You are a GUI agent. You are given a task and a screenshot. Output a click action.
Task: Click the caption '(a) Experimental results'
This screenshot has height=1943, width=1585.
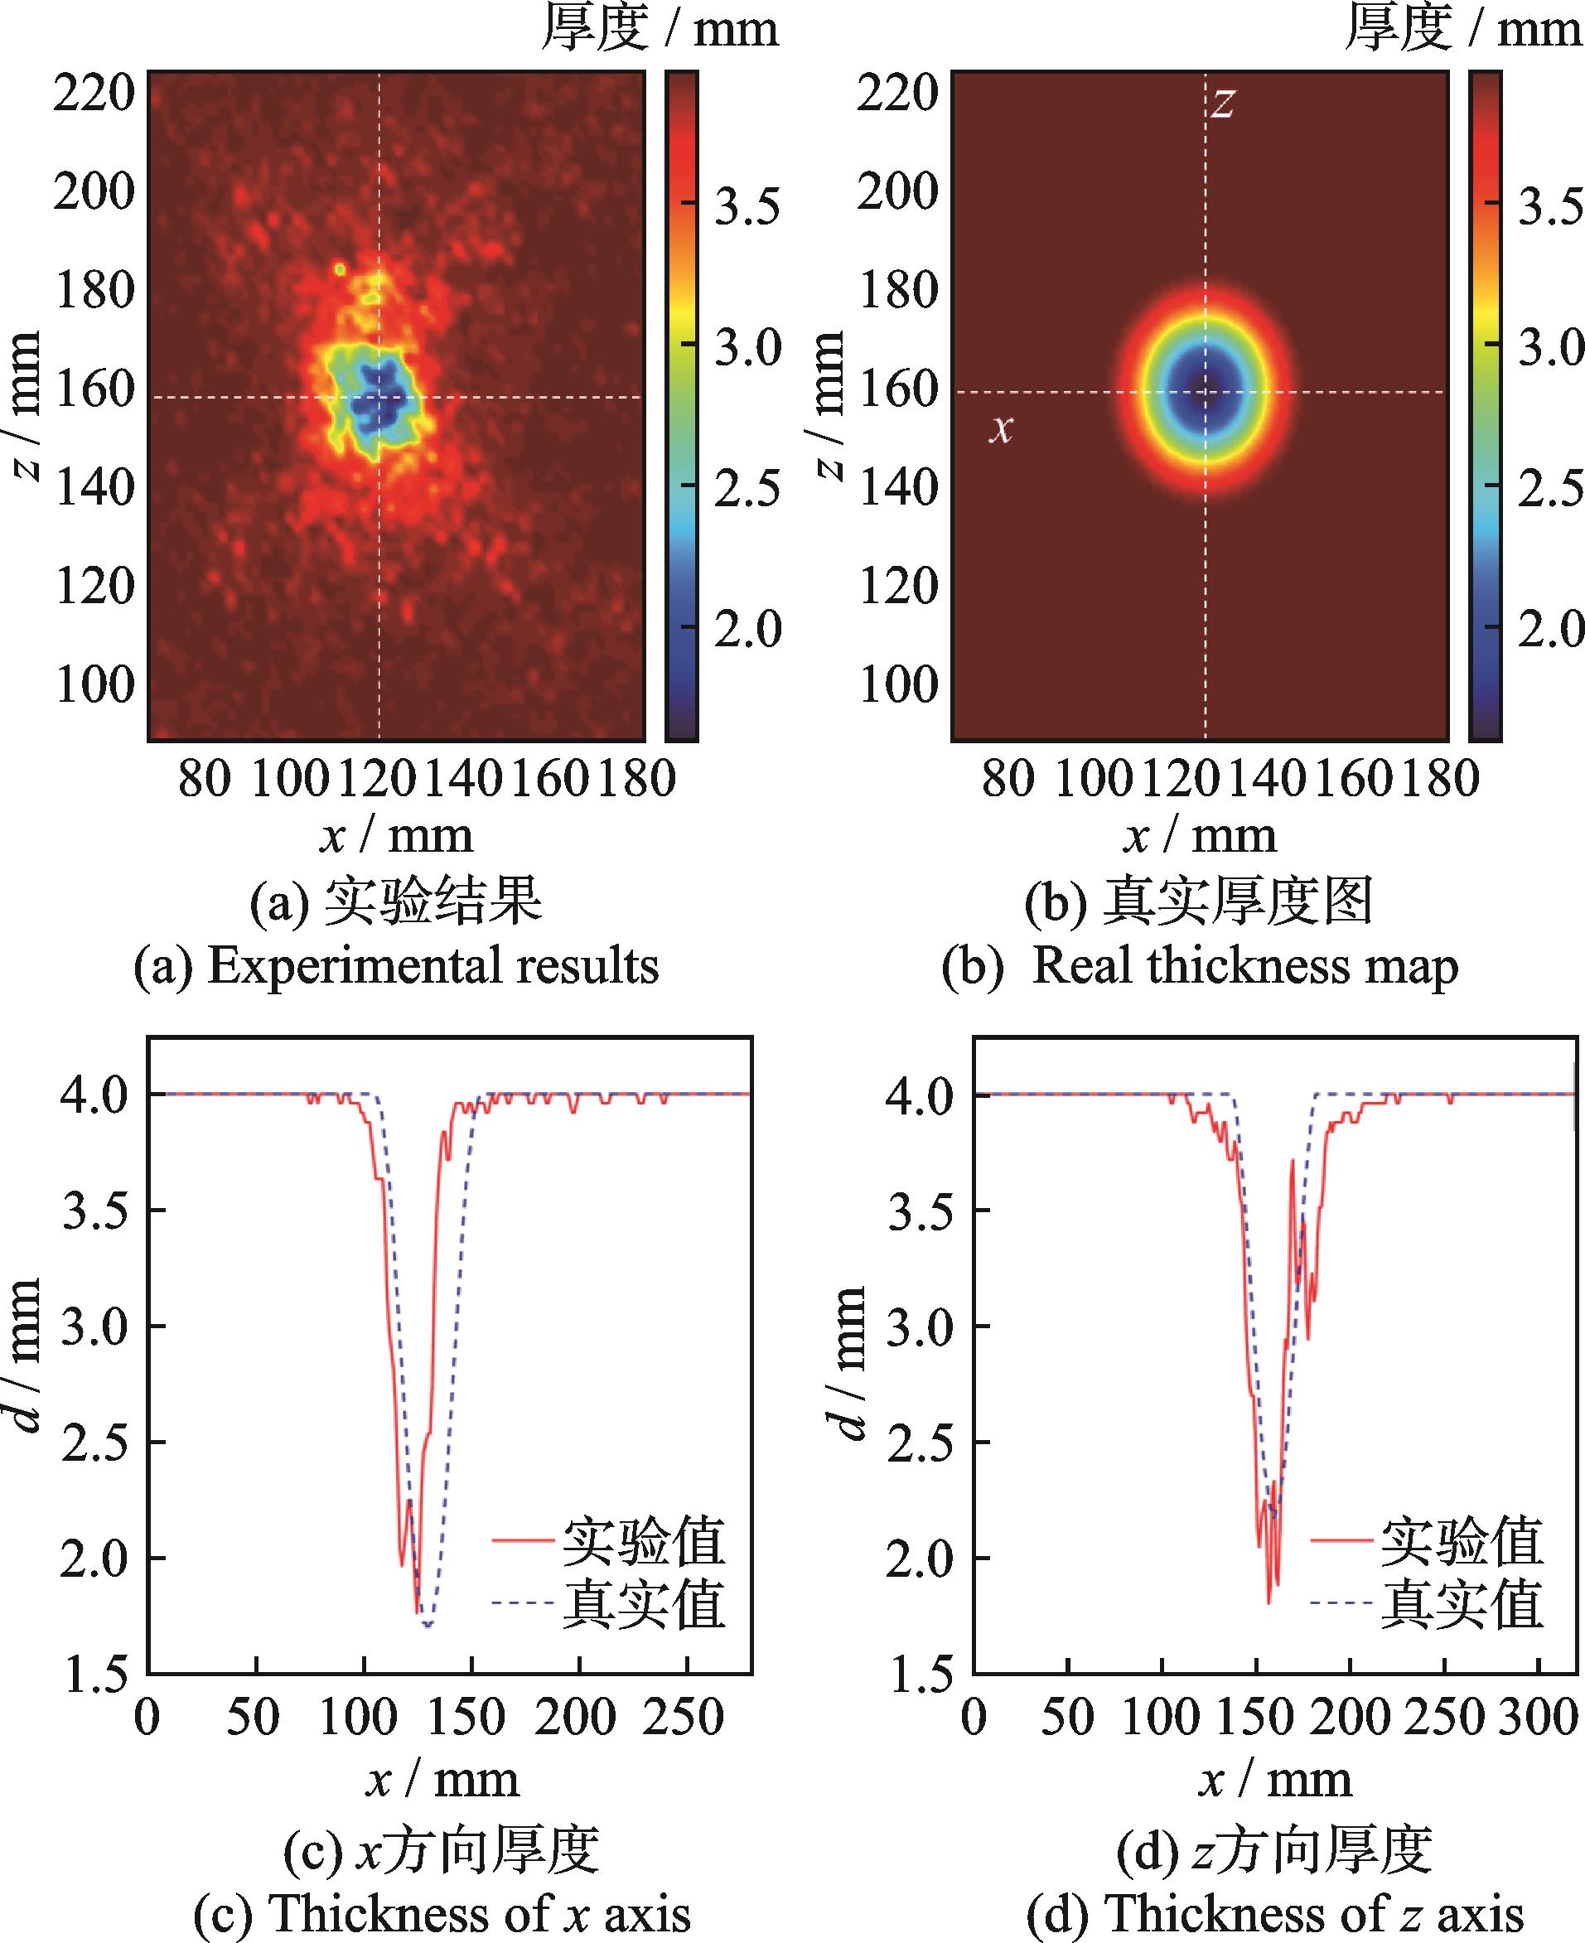pyautogui.click(x=396, y=966)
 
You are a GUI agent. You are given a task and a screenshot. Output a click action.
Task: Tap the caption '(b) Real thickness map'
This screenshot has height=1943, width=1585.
pyautogui.click(x=1200, y=966)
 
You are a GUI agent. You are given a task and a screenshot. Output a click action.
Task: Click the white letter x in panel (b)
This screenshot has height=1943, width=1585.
pyautogui.click(x=1002, y=428)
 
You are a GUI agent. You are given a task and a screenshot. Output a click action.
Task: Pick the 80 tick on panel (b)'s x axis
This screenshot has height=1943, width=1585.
pyautogui.click(x=1008, y=779)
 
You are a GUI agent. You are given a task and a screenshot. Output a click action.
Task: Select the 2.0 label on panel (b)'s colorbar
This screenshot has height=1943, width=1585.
pyautogui.click(x=1549, y=629)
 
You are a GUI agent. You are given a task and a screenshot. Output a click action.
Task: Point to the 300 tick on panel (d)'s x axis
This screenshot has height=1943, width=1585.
pyautogui.click(x=1538, y=1718)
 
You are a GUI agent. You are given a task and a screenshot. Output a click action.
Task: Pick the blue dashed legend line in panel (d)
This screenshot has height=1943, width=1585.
pyautogui.click(x=1341, y=1602)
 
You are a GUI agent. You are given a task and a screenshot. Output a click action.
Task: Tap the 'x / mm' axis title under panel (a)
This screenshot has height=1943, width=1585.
pyautogui.click(x=396, y=835)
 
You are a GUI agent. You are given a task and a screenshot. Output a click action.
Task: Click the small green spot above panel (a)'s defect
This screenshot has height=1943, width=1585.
pyautogui.click(x=340, y=269)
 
